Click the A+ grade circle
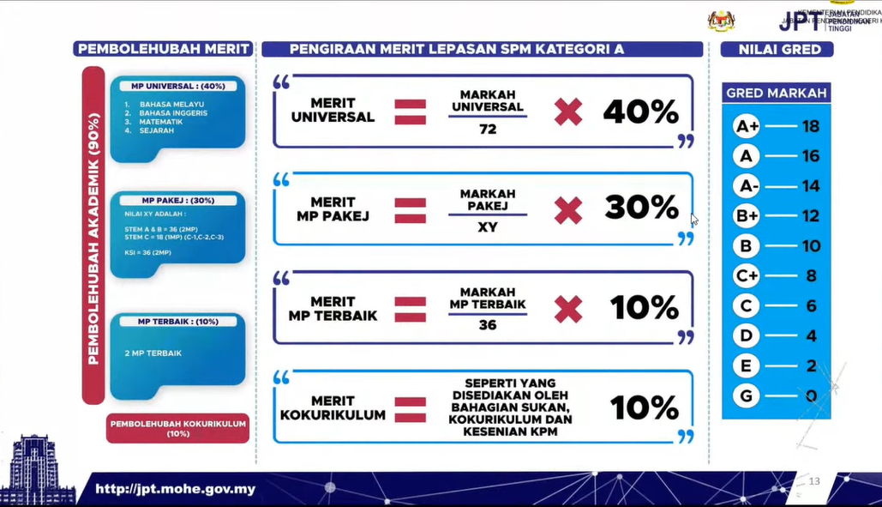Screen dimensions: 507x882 747,127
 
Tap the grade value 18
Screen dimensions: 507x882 810,127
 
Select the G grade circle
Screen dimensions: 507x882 747,395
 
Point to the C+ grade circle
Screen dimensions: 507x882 747,276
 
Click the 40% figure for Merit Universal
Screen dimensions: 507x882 640,112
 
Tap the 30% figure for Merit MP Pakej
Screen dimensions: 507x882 640,208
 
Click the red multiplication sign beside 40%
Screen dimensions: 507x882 567,112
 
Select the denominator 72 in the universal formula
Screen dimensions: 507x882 488,130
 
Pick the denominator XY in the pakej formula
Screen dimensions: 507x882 488,227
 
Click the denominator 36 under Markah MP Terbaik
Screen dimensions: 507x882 488,325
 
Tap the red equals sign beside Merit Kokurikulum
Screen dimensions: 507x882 410,407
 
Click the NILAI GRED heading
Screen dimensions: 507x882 780,50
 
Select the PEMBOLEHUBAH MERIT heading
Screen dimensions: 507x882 165,49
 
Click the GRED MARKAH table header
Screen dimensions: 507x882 777,93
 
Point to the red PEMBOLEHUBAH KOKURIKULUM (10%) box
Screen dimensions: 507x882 177,428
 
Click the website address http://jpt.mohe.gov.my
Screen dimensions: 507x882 175,490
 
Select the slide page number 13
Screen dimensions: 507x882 814,481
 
